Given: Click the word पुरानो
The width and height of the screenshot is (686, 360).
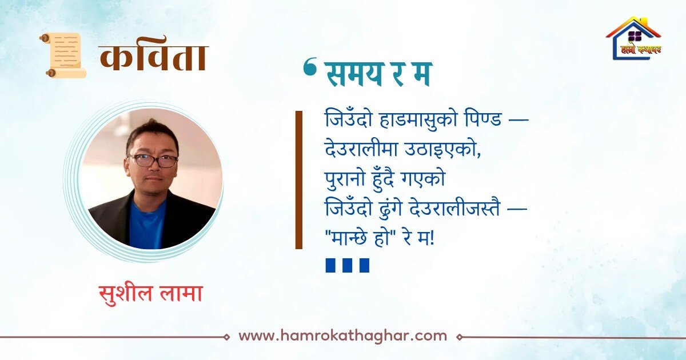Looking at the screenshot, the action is click(x=347, y=178).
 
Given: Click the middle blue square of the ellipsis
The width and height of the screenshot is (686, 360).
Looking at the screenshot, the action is click(x=348, y=265).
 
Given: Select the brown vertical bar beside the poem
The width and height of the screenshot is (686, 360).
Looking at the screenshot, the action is click(x=298, y=180).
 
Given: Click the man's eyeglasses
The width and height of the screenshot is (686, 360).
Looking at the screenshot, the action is click(x=153, y=161).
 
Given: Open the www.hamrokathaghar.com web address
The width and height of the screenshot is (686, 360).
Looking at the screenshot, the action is click(x=342, y=336).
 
